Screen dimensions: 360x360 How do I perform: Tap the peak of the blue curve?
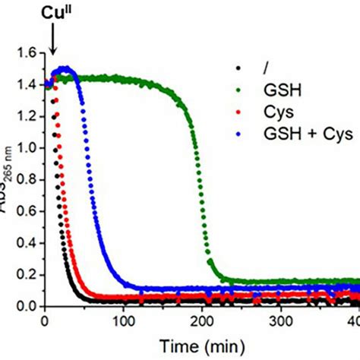click(x=65, y=68)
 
